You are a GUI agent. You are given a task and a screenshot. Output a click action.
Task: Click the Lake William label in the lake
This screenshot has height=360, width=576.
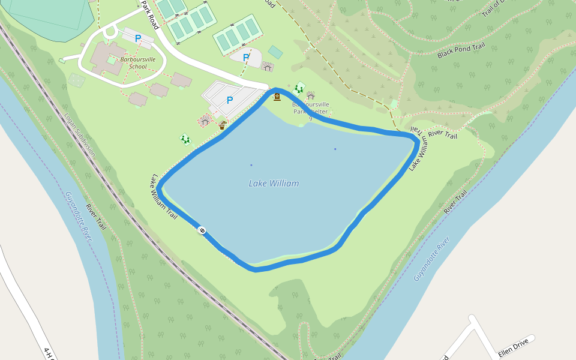coord(274,184)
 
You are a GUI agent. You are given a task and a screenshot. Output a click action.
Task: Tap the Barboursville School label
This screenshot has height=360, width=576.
coord(133,62)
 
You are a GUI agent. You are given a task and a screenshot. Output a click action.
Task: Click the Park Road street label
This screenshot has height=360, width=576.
coord(150,15)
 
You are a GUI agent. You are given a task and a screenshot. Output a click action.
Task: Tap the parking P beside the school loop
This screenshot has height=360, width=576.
coord(138,38)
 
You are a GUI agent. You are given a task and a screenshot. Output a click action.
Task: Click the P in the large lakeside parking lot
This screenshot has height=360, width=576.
coord(229,100)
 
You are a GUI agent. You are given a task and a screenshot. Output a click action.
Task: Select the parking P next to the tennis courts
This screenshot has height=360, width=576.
coord(246,58)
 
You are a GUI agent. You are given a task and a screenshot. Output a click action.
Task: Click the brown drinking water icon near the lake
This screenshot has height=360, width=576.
coord(222,125)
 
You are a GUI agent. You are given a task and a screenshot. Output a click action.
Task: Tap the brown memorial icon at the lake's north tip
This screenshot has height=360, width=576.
coord(277,96)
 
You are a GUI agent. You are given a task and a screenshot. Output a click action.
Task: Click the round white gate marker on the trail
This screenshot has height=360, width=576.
coord(202,230)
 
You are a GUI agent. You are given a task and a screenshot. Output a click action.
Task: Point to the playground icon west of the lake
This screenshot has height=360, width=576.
coord(185,139)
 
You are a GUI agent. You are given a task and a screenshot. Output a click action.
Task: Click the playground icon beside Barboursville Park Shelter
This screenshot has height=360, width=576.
coord(299,88)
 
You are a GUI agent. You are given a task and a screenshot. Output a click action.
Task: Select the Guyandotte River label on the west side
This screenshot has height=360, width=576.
coord(79,216)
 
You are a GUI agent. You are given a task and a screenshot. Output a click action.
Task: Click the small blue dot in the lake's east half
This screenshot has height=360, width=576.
coord(335,149)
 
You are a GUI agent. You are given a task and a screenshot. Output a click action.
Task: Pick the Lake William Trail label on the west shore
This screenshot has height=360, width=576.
coord(164,196)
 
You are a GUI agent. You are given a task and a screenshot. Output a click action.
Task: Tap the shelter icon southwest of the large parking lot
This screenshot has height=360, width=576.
coord(205,121)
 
